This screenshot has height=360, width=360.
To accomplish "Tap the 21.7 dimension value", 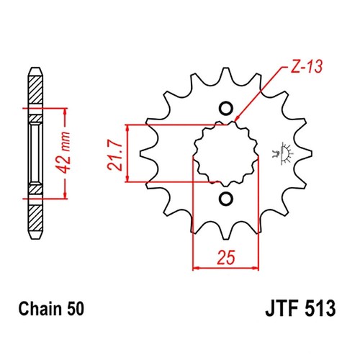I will point(113,153).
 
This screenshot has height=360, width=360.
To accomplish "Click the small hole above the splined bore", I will point(225,110).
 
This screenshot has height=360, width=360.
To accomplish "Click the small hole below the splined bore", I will point(225,197).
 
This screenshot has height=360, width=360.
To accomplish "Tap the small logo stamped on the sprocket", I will point(279,153).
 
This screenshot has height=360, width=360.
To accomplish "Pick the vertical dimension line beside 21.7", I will point(128,153).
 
